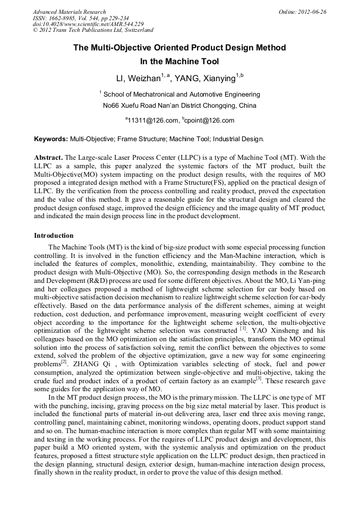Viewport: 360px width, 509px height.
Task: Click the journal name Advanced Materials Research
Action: tap(70, 12)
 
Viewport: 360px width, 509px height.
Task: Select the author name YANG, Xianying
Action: tap(209, 79)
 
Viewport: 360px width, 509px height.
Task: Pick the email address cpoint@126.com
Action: tap(209, 120)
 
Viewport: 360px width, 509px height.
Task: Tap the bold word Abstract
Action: tap(48, 158)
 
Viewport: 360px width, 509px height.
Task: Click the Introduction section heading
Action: tap(54, 235)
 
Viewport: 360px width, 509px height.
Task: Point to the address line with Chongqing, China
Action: tap(179, 105)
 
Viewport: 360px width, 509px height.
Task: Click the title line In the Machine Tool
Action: tap(179, 62)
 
